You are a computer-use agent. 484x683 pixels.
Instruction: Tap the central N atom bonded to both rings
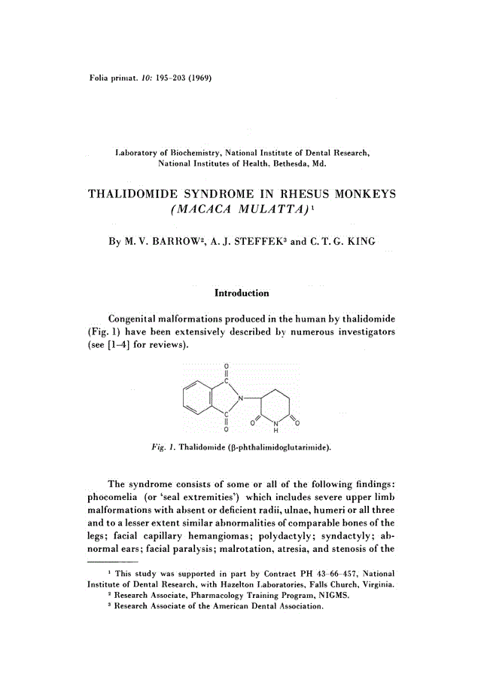(242, 397)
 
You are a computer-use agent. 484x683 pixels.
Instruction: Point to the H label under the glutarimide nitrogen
(275, 431)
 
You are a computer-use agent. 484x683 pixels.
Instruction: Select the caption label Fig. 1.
(163, 447)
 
